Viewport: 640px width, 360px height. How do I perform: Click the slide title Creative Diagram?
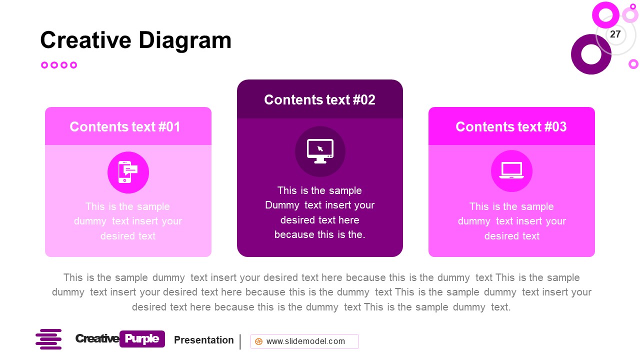click(x=135, y=40)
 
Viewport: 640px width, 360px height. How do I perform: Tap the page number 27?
click(x=615, y=34)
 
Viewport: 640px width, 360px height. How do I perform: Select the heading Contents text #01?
click(x=125, y=127)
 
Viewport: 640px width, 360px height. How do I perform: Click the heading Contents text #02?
click(x=319, y=100)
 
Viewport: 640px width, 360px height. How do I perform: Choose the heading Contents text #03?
click(x=511, y=127)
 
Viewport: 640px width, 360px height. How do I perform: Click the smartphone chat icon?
click(x=128, y=172)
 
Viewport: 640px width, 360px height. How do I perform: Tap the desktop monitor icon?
click(x=320, y=151)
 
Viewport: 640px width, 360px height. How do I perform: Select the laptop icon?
click(x=511, y=171)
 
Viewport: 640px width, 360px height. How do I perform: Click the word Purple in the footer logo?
click(x=142, y=339)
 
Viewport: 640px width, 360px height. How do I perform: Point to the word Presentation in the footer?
click(x=203, y=340)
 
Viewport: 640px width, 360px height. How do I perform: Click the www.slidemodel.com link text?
click(x=305, y=341)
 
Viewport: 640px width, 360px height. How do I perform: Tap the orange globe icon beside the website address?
click(x=258, y=341)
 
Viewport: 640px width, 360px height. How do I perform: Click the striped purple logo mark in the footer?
click(x=48, y=339)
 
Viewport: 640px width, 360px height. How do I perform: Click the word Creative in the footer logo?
click(x=97, y=339)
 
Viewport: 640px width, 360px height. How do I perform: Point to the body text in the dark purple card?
click(x=319, y=212)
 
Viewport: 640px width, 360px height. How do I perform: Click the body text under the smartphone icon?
click(x=128, y=221)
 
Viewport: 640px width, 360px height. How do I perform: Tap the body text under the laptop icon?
click(x=511, y=221)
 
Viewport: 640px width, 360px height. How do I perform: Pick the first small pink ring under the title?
click(x=44, y=65)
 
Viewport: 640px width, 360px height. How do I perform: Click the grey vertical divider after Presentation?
click(x=240, y=342)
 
